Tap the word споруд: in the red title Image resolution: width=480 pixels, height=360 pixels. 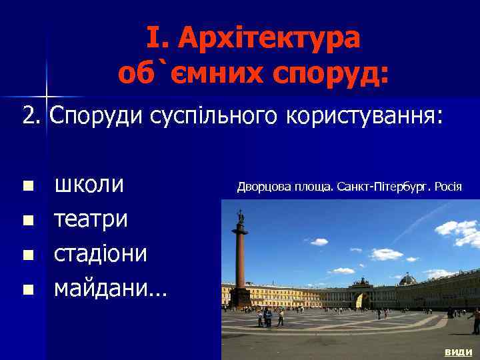coord(336,72)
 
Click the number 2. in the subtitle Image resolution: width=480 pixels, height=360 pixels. coord(31,115)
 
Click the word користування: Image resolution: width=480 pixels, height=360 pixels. coord(364,115)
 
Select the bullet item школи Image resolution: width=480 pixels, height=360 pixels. coord(89,185)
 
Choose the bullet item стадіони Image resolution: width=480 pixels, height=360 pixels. coord(101,254)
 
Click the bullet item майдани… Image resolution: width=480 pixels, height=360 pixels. coord(111,289)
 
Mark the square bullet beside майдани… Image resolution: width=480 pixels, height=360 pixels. coord(27,289)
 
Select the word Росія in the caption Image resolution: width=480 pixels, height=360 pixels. coord(448,186)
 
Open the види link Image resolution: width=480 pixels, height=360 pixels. coord(458,352)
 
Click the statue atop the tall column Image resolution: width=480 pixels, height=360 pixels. coord(241,217)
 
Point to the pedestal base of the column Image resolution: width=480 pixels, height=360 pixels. coord(240,297)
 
